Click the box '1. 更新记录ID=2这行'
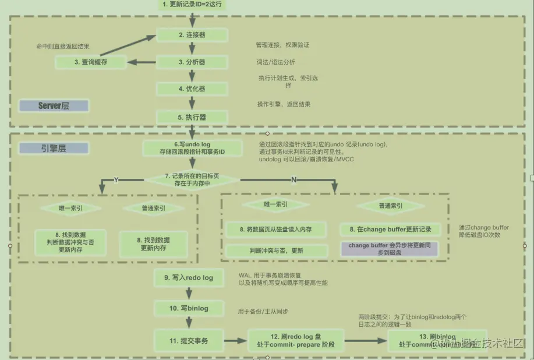pyautogui.click(x=192, y=5)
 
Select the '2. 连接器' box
pyautogui.click(x=192, y=35)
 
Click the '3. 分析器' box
pyautogui.click(x=192, y=62)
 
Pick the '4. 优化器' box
pyautogui.click(x=192, y=89)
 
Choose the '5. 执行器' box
pyautogui.click(x=192, y=117)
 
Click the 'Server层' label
pyautogui.click(x=54, y=106)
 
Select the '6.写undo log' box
pyautogui.click(x=192, y=148)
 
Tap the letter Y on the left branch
pyautogui.click(x=116, y=180)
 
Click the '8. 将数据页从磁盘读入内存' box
pyautogui.click(x=275, y=230)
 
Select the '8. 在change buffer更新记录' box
pyautogui.click(x=390, y=230)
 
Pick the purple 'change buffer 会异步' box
pyautogui.click(x=390, y=249)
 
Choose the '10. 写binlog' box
pyautogui.click(x=188, y=308)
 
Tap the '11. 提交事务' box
pyautogui.click(x=188, y=341)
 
